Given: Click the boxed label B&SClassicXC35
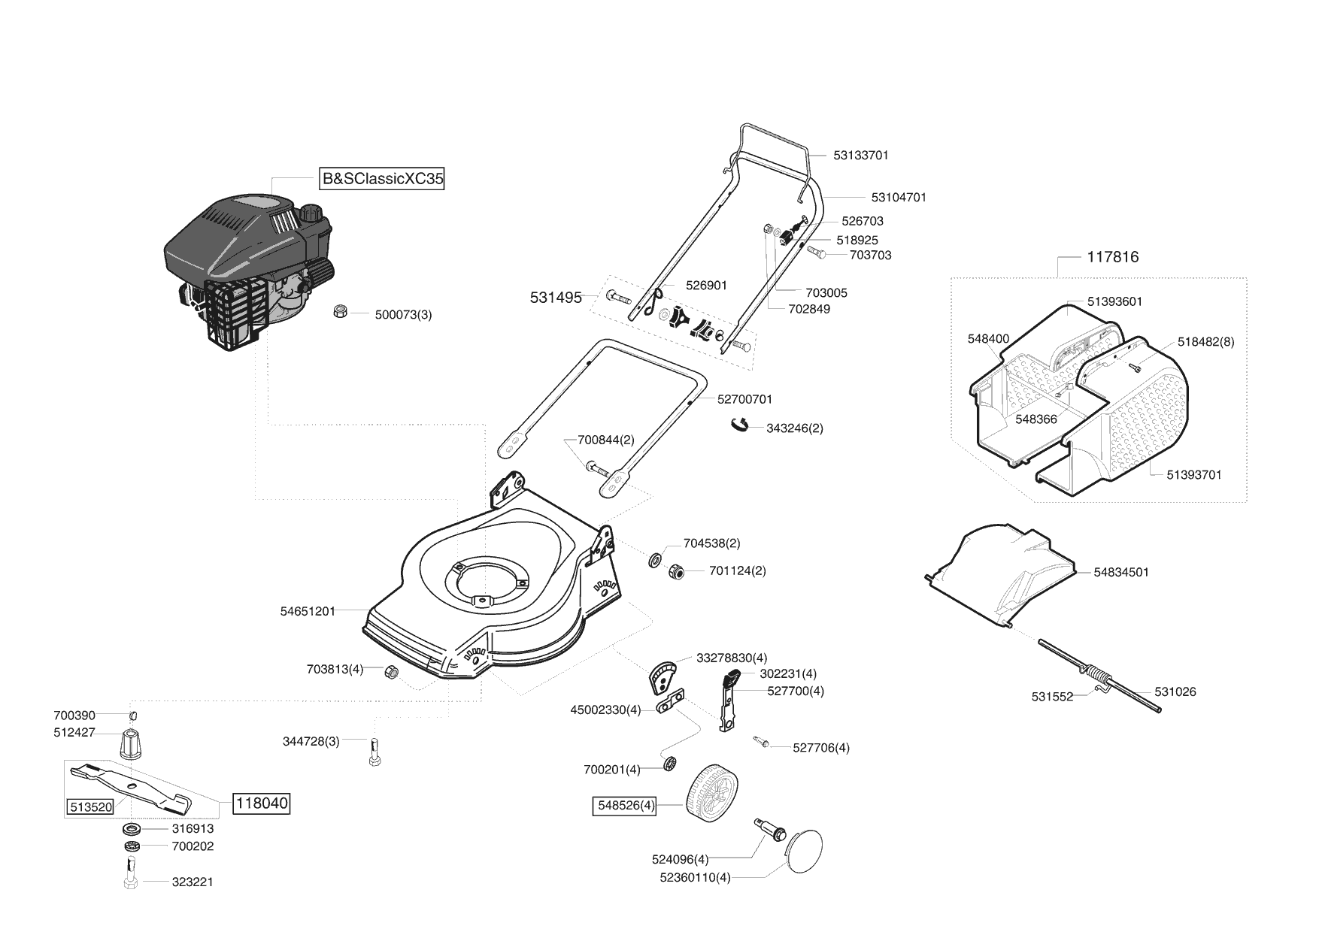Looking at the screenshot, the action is click(x=382, y=179).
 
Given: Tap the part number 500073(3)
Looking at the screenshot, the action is click(x=403, y=315).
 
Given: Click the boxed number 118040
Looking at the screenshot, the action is click(x=262, y=803).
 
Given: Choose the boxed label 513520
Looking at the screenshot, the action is click(x=90, y=807).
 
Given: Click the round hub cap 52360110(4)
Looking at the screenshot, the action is click(x=804, y=851).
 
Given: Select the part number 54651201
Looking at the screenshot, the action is click(x=308, y=612).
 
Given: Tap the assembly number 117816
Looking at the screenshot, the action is click(x=1113, y=256).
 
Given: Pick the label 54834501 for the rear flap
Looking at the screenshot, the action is click(x=1121, y=572).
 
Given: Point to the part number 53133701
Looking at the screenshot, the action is click(x=861, y=156).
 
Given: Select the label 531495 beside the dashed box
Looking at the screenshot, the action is click(x=556, y=298).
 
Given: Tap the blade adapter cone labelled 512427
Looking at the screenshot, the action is click(x=130, y=743).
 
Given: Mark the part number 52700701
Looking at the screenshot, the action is click(x=744, y=399).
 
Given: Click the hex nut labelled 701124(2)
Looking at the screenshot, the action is click(x=675, y=572).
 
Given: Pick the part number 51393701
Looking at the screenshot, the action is click(x=1194, y=474).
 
